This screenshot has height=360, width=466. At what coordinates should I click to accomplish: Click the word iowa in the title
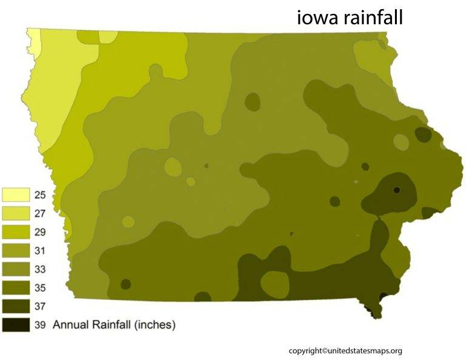pyautogui.click(x=317, y=18)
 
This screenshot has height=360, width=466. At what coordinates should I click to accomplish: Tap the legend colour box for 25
pyautogui.click(x=16, y=194)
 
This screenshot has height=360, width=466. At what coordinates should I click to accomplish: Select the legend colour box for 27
pyautogui.click(x=16, y=213)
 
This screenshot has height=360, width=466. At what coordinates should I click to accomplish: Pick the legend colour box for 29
pyautogui.click(x=16, y=232)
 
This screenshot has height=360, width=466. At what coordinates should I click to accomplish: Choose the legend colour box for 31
pyautogui.click(x=16, y=250)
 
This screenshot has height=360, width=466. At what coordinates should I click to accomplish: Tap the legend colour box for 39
pyautogui.click(x=16, y=325)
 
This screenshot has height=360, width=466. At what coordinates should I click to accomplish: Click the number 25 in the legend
pyautogui.click(x=41, y=195)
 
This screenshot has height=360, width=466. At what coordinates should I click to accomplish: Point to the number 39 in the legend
pyautogui.click(x=41, y=325)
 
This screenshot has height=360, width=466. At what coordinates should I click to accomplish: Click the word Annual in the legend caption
pyautogui.click(x=71, y=325)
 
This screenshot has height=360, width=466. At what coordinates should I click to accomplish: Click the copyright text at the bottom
pyautogui.click(x=345, y=350)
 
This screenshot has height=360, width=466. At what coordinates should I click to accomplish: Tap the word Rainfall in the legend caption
pyautogui.click(x=112, y=325)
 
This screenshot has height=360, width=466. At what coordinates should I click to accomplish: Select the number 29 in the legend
pyautogui.click(x=41, y=232)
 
